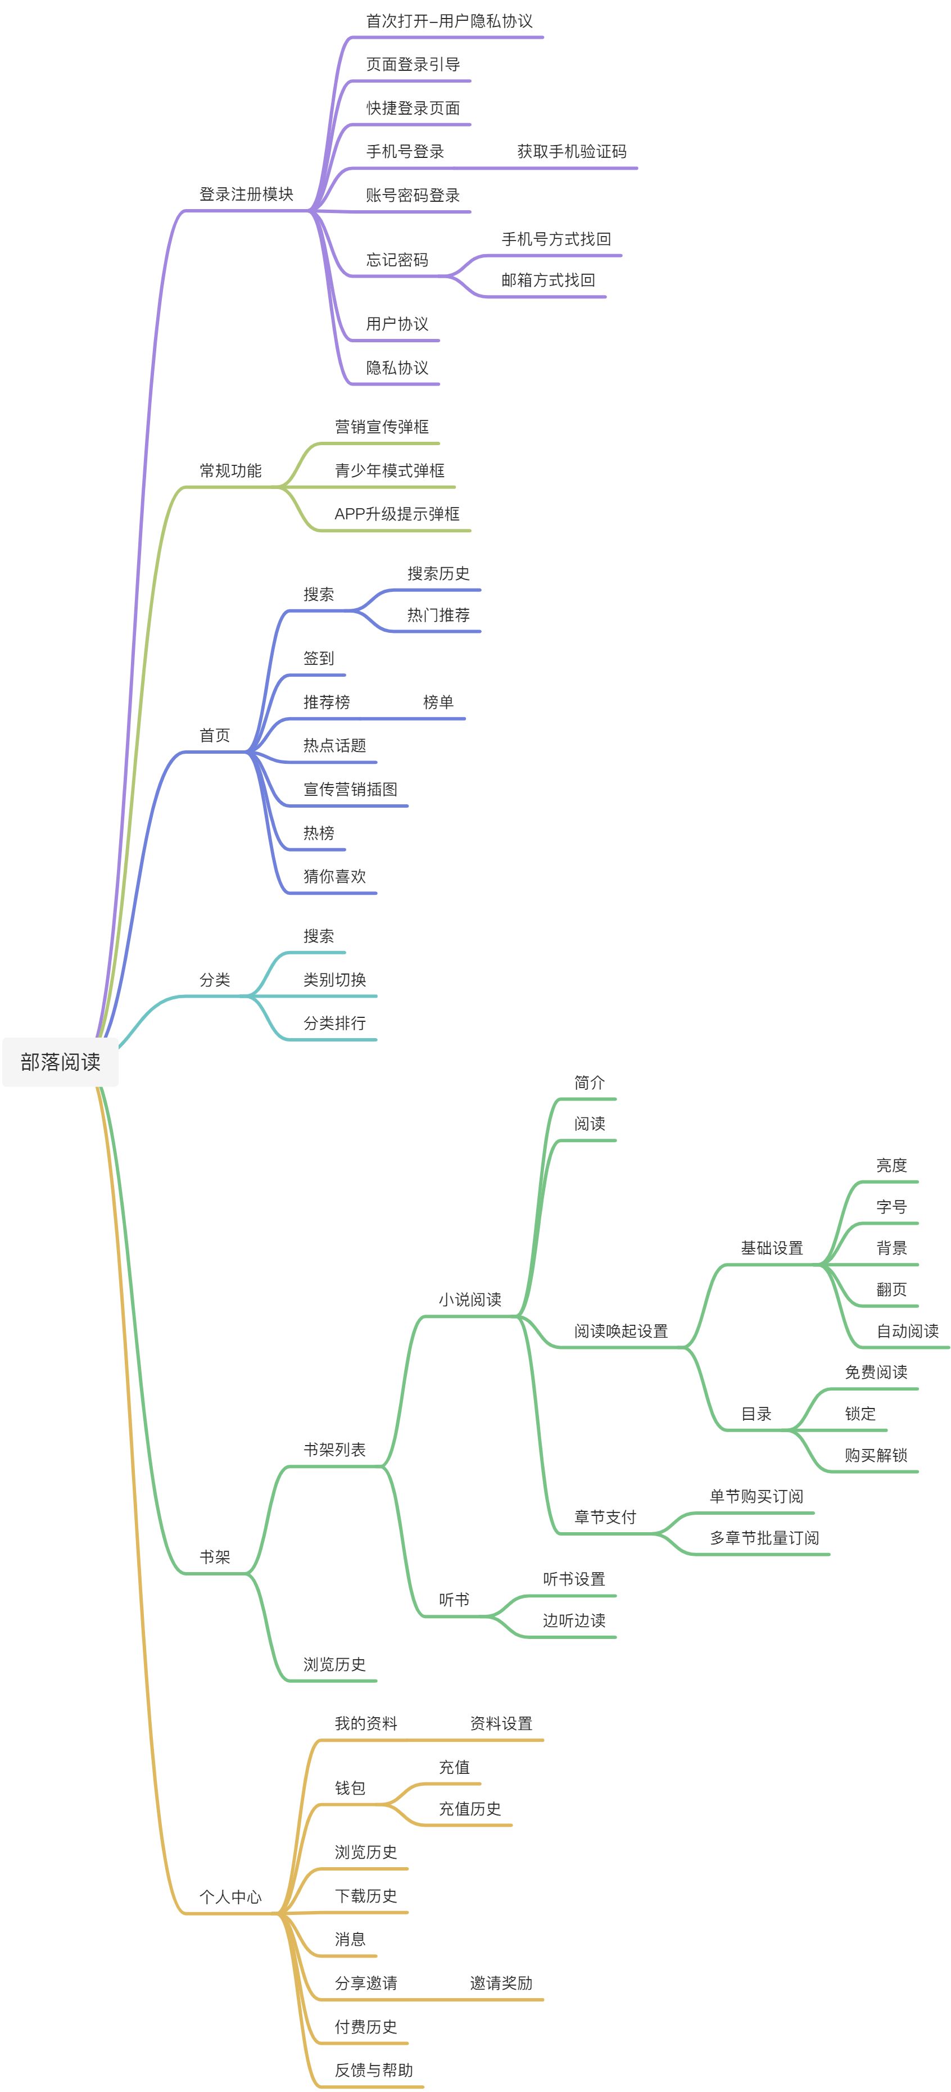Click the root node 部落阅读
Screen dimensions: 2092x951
point(61,1061)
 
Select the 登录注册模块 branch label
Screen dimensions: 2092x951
point(246,194)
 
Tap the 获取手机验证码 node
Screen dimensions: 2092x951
point(572,152)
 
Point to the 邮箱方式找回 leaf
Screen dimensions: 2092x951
point(548,280)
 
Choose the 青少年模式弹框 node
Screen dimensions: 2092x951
point(390,471)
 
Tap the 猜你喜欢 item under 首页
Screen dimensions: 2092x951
point(334,876)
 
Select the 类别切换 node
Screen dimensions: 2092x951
point(334,980)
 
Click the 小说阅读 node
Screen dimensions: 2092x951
point(470,1299)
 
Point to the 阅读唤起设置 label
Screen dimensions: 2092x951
point(621,1331)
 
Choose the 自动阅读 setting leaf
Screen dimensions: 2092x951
point(908,1331)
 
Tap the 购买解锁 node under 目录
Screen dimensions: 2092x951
point(876,1455)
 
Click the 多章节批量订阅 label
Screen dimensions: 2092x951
point(764,1538)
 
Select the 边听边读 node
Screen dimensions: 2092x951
point(574,1621)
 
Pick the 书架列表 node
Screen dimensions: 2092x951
point(334,1450)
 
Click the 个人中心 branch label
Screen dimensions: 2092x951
point(230,1897)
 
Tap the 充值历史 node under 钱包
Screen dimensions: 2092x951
point(470,1809)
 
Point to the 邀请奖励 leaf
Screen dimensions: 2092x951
point(501,1983)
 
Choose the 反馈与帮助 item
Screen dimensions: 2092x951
point(374,2070)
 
